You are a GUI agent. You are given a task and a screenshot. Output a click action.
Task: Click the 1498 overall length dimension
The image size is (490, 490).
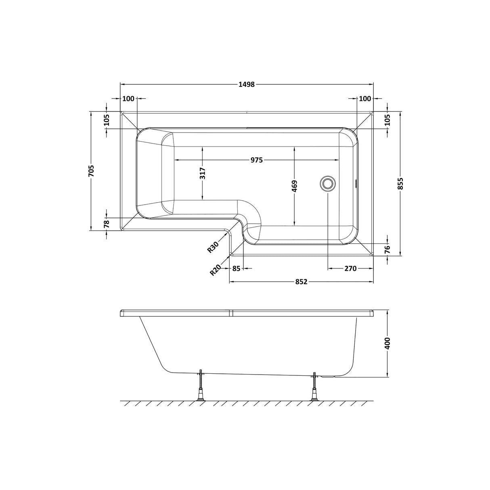click(x=247, y=84)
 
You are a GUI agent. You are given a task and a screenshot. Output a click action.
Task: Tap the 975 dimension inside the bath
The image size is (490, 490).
click(x=257, y=160)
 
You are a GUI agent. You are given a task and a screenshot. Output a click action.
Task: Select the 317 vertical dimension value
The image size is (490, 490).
click(x=203, y=173)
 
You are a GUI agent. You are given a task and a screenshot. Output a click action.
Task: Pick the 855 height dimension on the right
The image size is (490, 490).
click(x=400, y=184)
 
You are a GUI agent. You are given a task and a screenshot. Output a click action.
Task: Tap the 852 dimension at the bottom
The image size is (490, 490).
click(x=301, y=282)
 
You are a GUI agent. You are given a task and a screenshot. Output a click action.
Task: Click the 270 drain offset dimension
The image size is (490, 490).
click(x=350, y=268)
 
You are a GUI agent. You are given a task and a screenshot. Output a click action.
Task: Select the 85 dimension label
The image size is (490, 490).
click(x=237, y=268)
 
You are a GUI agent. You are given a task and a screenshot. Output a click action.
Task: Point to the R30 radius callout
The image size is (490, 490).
click(x=213, y=247)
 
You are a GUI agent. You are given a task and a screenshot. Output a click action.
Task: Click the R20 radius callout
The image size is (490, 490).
click(x=215, y=270)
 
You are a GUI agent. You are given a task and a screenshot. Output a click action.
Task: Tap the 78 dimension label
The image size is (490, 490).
click(x=107, y=224)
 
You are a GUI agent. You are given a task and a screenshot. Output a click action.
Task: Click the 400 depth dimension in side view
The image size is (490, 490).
click(x=388, y=343)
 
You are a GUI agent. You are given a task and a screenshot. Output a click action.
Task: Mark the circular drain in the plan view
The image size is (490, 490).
click(x=327, y=183)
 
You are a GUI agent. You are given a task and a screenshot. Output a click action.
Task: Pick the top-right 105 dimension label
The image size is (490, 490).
click(x=387, y=120)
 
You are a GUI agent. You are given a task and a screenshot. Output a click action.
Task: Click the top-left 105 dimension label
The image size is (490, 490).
click(x=107, y=120)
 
